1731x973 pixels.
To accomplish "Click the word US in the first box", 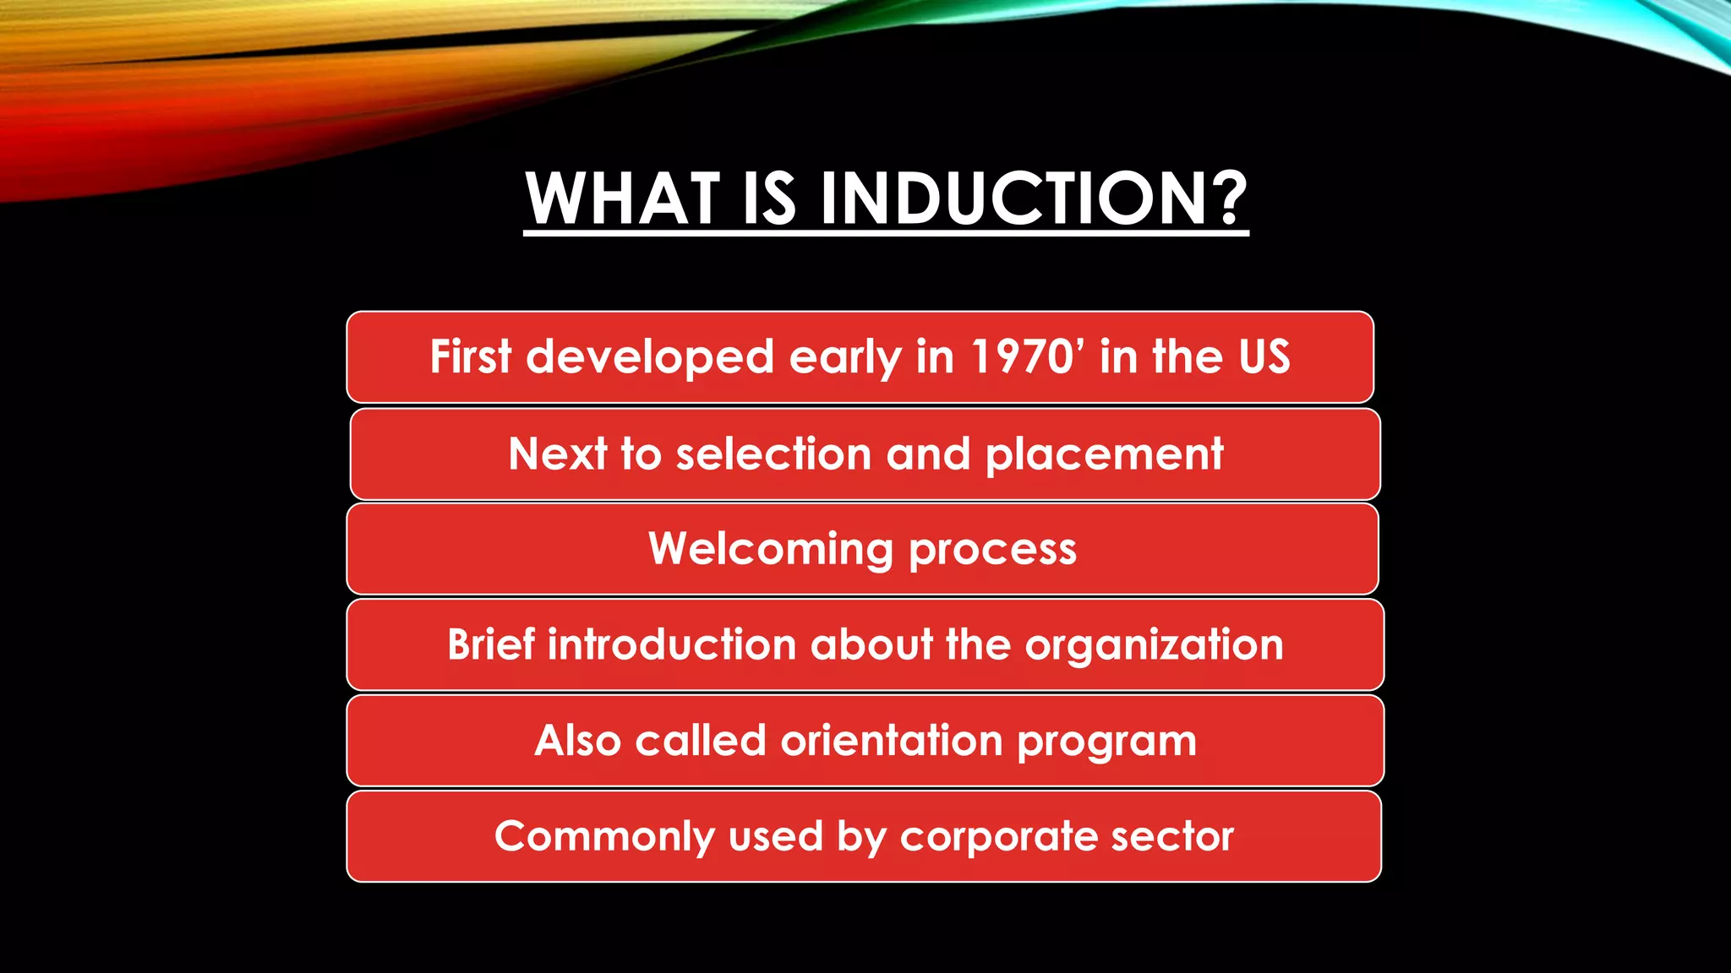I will tap(1264, 356).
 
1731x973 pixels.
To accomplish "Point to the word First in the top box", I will tap(471, 356).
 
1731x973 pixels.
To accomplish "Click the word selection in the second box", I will tap(773, 454).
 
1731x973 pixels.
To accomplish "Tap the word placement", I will tap(1104, 454).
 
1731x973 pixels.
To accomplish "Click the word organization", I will tap(1154, 645).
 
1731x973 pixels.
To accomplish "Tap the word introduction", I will tap(672, 645).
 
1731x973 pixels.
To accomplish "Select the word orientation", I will tap(891, 741).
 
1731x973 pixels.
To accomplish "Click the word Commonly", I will tap(604, 837).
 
